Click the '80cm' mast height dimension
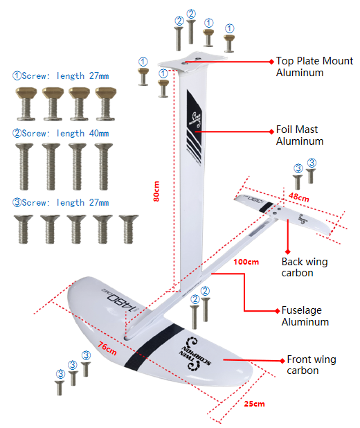[x=156, y=191]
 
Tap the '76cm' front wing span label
[x=107, y=348]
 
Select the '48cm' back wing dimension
[x=299, y=197]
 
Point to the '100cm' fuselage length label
[x=246, y=262]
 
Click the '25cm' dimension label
[x=254, y=404]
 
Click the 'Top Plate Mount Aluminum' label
[x=314, y=66]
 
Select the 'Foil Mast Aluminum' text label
[x=300, y=135]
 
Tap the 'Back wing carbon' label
[x=305, y=267]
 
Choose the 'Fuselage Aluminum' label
[x=305, y=316]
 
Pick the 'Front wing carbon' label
[x=311, y=365]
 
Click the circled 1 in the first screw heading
[x=17, y=75]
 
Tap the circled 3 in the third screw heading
[x=17, y=202]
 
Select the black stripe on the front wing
[x=154, y=347]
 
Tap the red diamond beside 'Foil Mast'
[x=271, y=132]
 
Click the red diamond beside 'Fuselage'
[x=278, y=311]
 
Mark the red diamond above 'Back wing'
[x=288, y=251]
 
